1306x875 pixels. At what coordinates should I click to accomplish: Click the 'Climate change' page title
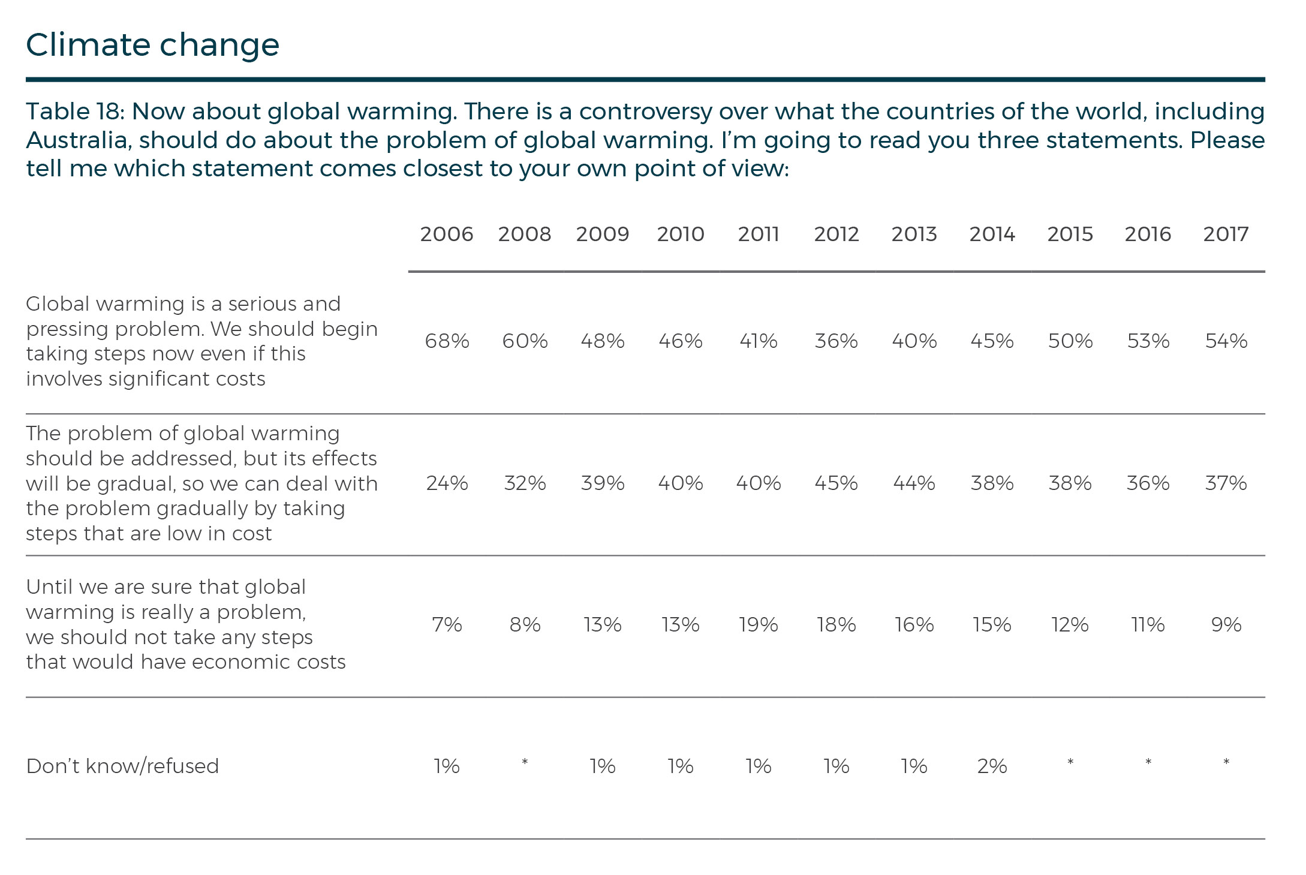152,45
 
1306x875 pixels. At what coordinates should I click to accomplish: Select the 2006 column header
447,234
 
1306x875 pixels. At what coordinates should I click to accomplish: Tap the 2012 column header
836,234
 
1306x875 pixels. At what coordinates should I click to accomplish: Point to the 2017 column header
1226,234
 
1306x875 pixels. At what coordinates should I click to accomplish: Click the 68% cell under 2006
447,341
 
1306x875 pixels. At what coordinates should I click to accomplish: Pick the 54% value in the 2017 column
1226,341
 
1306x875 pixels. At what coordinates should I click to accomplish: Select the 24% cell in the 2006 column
447,483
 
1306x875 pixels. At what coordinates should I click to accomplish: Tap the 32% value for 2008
525,483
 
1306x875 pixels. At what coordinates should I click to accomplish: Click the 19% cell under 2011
759,625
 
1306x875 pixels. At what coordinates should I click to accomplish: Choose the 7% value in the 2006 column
447,625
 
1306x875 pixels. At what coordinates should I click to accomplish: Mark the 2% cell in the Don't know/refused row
992,766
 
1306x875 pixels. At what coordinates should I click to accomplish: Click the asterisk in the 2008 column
525,762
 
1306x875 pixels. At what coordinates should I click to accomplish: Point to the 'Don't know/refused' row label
122,766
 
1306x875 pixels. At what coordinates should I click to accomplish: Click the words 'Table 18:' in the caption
75,112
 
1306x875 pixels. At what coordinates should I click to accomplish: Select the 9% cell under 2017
1226,625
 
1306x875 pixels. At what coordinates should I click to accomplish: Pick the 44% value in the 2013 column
914,483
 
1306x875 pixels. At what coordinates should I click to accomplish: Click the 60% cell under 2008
525,341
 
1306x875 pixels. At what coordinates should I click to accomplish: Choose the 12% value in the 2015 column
1070,625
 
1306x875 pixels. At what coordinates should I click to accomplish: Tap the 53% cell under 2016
1148,341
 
